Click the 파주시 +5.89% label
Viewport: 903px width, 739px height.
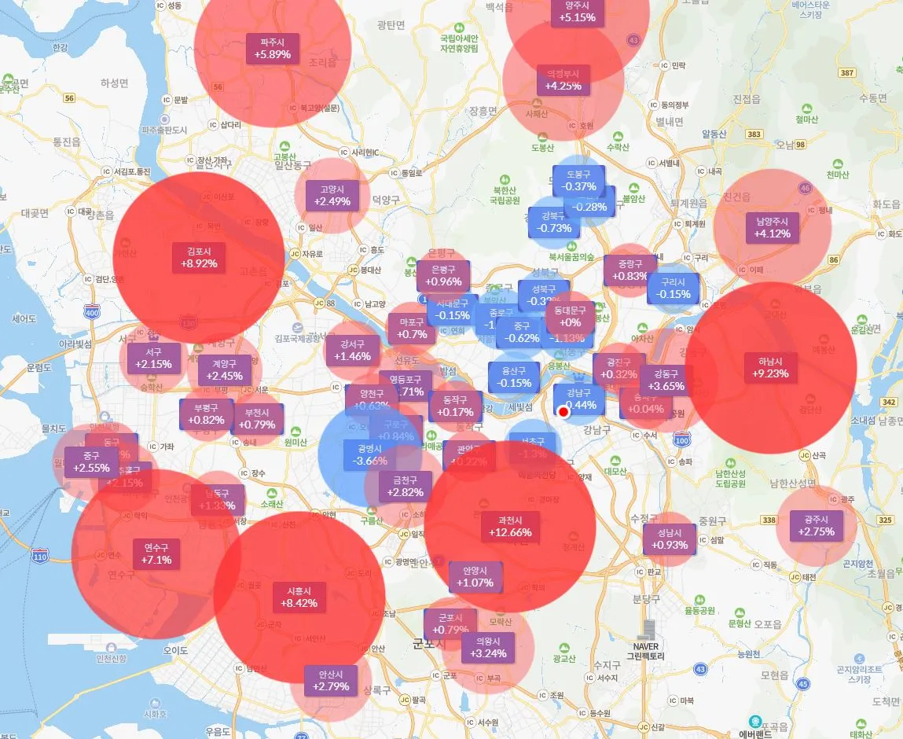click(273, 49)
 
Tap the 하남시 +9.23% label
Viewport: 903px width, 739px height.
click(770, 367)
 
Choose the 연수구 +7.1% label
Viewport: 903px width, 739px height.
click(157, 553)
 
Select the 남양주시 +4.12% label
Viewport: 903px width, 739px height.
click(773, 227)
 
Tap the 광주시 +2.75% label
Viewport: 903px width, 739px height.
click(817, 526)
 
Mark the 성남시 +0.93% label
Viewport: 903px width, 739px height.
click(670, 539)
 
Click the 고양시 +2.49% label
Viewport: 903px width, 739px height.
click(332, 195)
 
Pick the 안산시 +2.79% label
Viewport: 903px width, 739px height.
click(330, 681)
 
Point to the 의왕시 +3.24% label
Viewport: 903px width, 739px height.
click(488, 647)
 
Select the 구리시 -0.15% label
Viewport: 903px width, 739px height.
click(674, 289)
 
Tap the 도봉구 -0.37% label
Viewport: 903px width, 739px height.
click(579, 181)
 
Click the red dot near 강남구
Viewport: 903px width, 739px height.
click(563, 412)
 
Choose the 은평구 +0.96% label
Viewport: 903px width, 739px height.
click(444, 275)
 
